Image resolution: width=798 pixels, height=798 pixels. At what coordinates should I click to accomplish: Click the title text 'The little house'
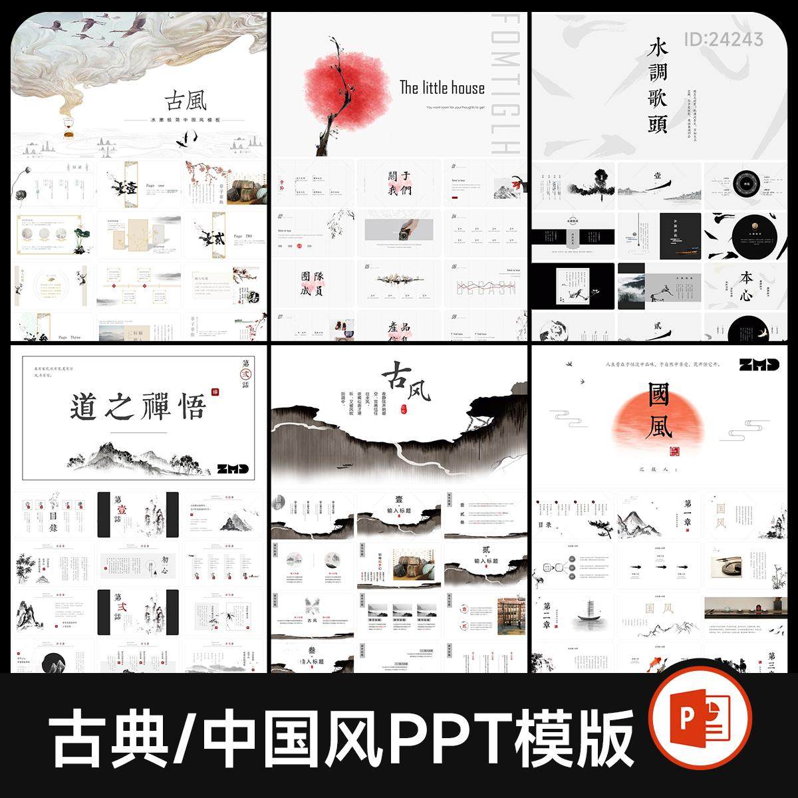pyautogui.click(x=442, y=87)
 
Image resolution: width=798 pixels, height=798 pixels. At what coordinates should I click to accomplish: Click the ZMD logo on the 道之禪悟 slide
pyautogui.click(x=233, y=469)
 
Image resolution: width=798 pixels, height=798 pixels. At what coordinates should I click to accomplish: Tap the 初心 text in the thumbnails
pyautogui.click(x=154, y=559)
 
